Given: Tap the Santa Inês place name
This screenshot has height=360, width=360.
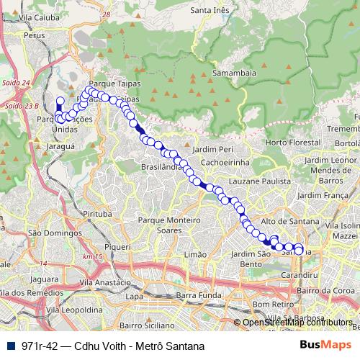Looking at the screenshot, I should (x=209, y=10).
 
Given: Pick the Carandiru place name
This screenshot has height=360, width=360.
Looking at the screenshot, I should (x=299, y=276).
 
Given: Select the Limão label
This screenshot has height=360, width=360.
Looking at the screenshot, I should (x=195, y=255).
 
